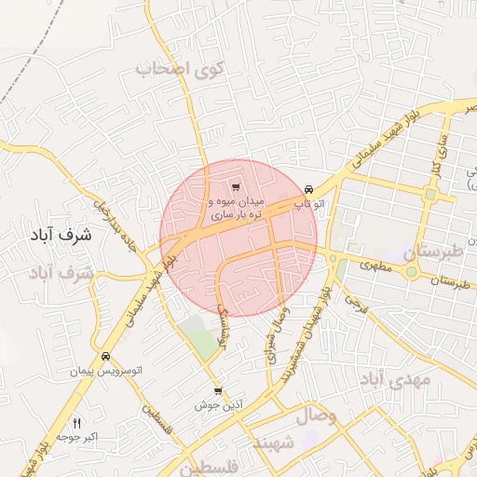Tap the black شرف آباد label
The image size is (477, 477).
pyautogui.click(x=55, y=236)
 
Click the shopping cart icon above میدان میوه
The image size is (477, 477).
pyautogui.click(x=235, y=187)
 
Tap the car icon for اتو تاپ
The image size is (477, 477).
pyautogui.click(x=308, y=187)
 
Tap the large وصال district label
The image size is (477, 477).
pyautogui.click(x=318, y=415)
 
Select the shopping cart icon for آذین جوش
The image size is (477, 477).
pyautogui.click(x=218, y=391)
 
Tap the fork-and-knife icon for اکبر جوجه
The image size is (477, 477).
pyautogui.click(x=78, y=422)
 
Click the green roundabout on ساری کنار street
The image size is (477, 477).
pyautogui.click(x=430, y=195)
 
